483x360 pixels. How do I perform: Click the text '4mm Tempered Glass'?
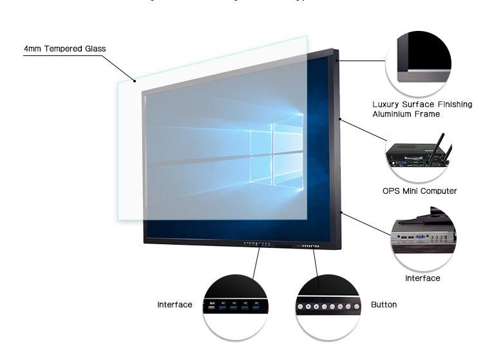coord(64,49)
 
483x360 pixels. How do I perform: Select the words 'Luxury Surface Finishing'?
coord(422,104)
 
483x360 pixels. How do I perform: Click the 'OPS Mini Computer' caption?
coord(419,191)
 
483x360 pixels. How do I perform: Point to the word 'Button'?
coord(384,305)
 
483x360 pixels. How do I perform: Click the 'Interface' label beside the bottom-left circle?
coord(175,305)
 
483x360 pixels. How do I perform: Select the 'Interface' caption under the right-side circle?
coord(422,278)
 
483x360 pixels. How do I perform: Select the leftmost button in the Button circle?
coord(301,308)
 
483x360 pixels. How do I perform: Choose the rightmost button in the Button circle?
coord(356,308)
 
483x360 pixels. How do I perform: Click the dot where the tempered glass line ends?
coord(135,81)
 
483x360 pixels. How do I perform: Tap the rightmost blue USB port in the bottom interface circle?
coord(256,308)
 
